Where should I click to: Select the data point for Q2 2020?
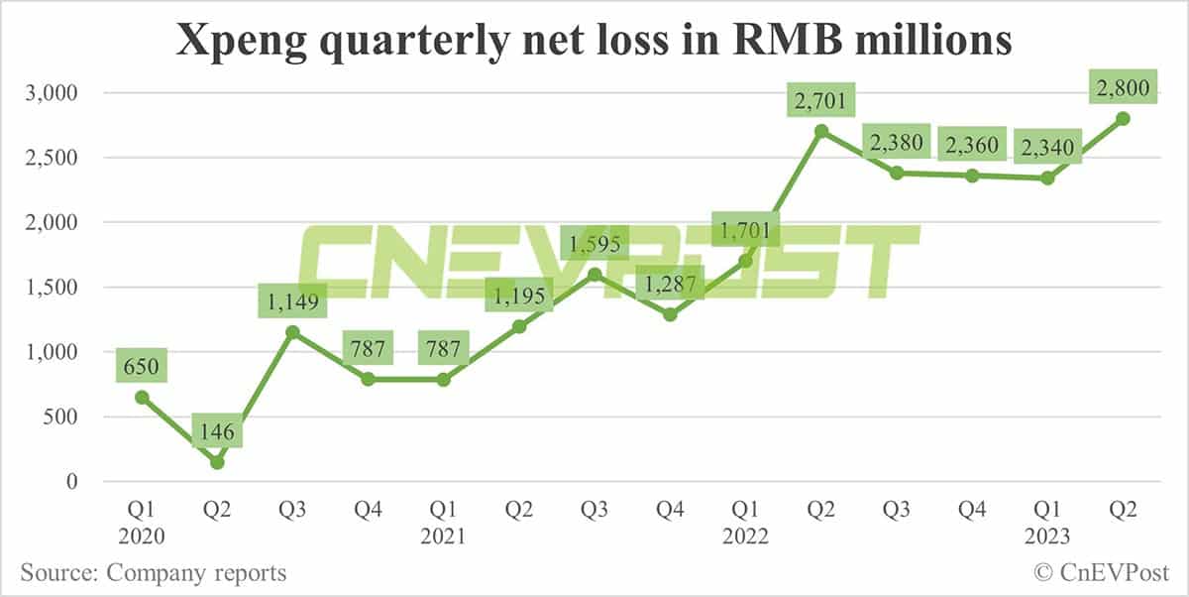tap(217, 462)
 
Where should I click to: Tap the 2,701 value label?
tap(820, 100)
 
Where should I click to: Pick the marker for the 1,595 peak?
tap(594, 274)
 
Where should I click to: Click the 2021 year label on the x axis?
tap(443, 537)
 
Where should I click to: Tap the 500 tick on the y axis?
tap(78, 417)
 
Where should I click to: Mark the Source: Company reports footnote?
tap(153, 572)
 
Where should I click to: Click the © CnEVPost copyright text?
tap(1101, 572)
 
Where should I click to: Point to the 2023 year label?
tap(1046, 537)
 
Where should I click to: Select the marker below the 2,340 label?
tap(1046, 178)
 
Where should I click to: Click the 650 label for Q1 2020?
tap(142, 367)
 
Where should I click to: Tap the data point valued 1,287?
tap(670, 314)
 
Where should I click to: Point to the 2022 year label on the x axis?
tap(745, 537)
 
